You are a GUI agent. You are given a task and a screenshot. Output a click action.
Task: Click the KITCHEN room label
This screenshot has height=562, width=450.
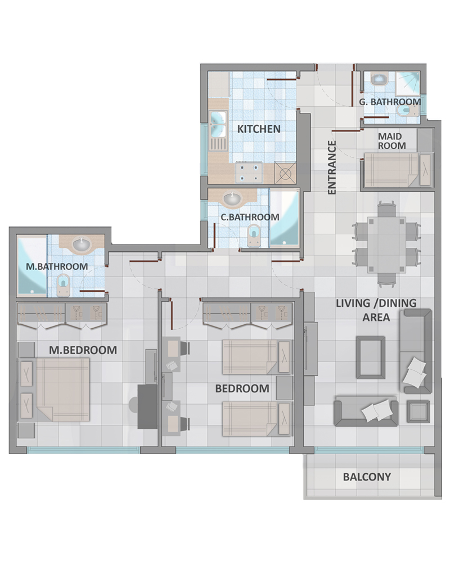[259, 129]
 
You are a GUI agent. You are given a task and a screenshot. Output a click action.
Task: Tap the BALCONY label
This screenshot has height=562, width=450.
[367, 477]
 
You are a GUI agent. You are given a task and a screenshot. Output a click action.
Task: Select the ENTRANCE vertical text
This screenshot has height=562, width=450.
[331, 167]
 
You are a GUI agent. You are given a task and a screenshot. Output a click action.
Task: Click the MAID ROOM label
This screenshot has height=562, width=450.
[392, 141]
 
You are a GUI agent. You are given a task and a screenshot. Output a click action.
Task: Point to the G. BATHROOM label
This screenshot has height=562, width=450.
[390, 102]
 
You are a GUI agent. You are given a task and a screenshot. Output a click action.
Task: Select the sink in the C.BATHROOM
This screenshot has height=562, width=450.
[232, 198]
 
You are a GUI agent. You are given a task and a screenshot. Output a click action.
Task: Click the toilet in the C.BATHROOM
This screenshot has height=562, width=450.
[254, 235]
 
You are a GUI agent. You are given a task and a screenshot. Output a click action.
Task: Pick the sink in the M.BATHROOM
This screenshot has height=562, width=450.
[82, 245]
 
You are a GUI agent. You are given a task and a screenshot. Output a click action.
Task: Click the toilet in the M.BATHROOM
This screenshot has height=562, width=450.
[64, 285]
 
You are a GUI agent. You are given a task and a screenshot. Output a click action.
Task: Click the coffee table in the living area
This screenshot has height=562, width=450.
[371, 357]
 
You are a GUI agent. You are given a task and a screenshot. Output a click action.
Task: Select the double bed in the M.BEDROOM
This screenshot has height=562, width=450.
[54, 389]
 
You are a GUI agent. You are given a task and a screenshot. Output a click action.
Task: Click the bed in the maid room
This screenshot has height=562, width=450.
[398, 170]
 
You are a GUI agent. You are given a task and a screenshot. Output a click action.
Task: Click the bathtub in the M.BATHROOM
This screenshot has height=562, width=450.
[32, 265]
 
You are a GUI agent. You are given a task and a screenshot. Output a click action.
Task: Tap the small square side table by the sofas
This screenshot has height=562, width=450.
[418, 411]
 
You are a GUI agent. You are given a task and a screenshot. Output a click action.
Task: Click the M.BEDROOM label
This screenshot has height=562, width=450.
[83, 350]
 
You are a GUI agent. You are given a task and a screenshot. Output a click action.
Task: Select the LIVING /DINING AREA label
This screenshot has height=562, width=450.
[376, 310]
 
